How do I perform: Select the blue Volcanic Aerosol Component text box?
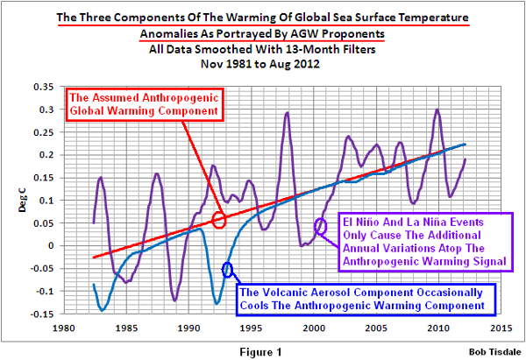362,298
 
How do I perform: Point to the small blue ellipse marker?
229,270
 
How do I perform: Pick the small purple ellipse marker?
320,226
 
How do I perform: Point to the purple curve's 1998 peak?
287,113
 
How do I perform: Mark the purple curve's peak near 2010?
437,110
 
